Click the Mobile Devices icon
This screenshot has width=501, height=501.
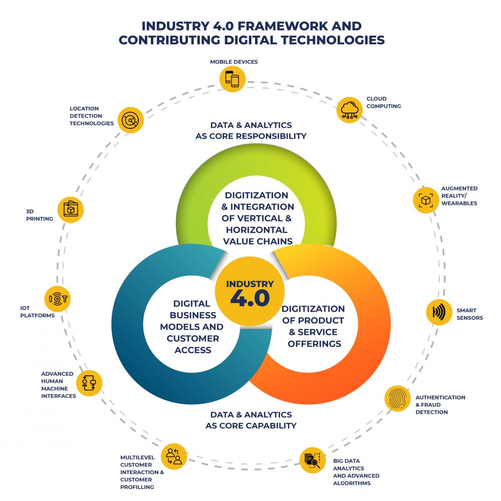233,79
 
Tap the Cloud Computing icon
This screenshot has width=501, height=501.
350,110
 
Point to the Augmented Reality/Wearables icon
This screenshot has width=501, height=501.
425,200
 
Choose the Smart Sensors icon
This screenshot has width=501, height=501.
439,312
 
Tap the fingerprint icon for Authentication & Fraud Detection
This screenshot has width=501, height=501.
397,398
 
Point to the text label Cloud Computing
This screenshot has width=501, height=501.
383,103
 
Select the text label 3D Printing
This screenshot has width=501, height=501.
40,215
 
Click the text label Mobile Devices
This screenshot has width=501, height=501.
233,62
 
